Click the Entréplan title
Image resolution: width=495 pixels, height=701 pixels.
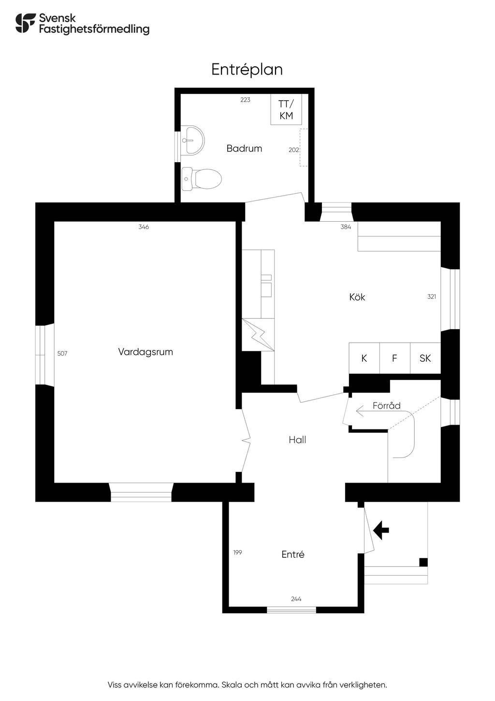click(x=247, y=70)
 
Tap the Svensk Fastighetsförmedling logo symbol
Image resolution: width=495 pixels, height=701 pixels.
click(x=26, y=23)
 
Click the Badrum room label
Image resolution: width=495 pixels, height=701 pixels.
click(x=244, y=149)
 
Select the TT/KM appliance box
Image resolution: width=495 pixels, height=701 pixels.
click(x=286, y=110)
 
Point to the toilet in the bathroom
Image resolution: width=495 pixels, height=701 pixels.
click(x=202, y=178)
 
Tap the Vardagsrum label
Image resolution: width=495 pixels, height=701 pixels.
click(x=146, y=352)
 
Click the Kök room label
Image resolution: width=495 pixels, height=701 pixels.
click(x=357, y=297)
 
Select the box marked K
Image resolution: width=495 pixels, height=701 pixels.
click(x=364, y=358)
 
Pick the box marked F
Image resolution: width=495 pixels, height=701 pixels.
click(x=394, y=358)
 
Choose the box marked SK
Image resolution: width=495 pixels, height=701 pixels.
click(x=425, y=358)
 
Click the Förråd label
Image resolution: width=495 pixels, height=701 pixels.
click(x=387, y=406)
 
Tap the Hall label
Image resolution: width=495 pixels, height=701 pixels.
click(x=297, y=440)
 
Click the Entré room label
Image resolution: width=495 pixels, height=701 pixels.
click(x=293, y=555)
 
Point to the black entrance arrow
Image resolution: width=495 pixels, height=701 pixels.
click(x=381, y=530)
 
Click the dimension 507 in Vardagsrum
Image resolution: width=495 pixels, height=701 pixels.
click(x=62, y=354)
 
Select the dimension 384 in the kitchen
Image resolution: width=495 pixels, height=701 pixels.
click(x=346, y=227)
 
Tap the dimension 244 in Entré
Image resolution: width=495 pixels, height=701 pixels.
click(x=296, y=599)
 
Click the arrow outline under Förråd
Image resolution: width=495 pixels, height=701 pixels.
click(x=365, y=411)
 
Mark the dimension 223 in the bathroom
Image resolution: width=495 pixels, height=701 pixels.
click(x=246, y=100)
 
